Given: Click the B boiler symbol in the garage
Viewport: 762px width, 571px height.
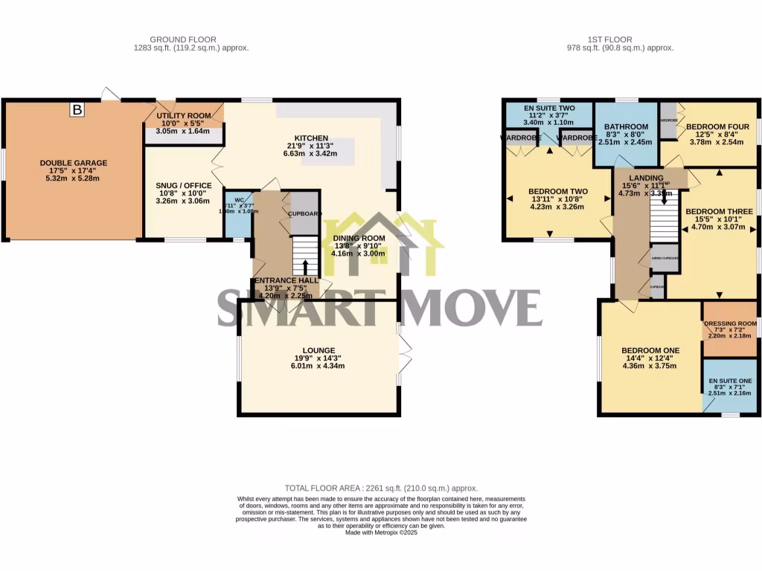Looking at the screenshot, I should click(77, 110).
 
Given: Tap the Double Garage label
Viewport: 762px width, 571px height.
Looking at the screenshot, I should click(74, 163).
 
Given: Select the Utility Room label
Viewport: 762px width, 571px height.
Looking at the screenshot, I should click(183, 116).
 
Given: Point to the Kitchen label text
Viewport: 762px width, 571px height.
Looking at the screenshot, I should click(311, 138).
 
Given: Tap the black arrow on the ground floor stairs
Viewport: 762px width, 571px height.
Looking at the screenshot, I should click(305, 266).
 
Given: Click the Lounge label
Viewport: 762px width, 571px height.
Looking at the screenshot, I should click(318, 350).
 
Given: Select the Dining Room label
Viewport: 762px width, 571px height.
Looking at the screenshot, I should click(359, 238).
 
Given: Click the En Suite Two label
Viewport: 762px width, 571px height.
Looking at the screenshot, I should click(549, 109).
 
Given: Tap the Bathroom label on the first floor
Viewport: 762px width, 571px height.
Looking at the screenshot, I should click(627, 127).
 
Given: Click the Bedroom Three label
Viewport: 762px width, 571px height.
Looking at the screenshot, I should click(719, 212).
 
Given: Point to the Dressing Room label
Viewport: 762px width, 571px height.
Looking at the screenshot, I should click(730, 324).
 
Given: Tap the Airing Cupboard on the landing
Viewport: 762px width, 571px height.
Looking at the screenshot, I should click(665, 257).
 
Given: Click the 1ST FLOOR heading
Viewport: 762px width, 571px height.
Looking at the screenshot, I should click(630, 39).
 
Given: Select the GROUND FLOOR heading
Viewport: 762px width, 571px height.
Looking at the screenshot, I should click(183, 39).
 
